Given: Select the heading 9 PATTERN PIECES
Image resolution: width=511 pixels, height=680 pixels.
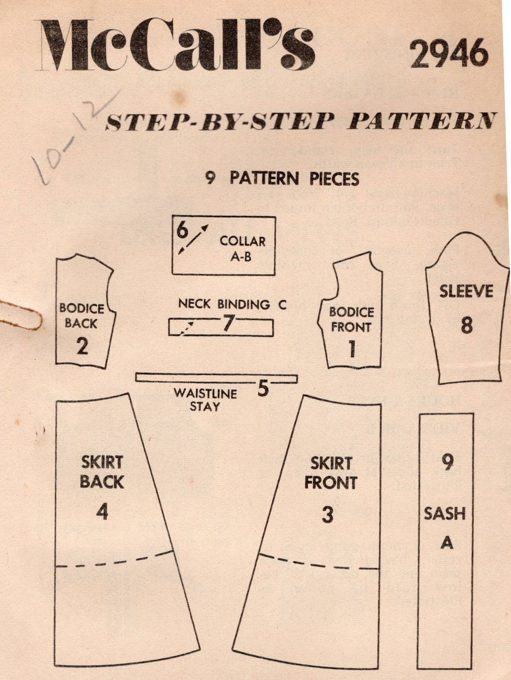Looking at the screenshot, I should click(x=282, y=178).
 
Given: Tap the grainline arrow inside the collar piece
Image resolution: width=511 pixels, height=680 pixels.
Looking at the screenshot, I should click(x=194, y=239).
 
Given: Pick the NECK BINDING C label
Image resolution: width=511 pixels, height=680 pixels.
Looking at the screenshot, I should click(x=232, y=304).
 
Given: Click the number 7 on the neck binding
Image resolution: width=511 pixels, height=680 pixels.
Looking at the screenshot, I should click(x=228, y=323).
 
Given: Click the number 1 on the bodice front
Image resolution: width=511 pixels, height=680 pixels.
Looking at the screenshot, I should click(x=352, y=349).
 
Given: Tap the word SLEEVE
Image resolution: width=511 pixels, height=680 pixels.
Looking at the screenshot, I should click(x=466, y=291).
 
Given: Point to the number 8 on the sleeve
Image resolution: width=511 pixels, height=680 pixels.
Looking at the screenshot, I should click(x=466, y=325).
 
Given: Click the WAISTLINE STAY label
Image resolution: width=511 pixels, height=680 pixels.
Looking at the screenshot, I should click(x=206, y=400).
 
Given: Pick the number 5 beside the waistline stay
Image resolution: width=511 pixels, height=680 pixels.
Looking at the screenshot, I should click(x=263, y=389).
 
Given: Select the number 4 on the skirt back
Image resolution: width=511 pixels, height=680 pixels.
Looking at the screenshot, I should click(x=102, y=512).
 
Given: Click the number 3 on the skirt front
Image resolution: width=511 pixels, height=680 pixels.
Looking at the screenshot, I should click(x=327, y=514).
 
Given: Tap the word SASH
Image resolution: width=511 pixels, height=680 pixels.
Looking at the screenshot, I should click(x=444, y=513).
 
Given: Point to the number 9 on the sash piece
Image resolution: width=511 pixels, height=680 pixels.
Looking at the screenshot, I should click(x=447, y=463).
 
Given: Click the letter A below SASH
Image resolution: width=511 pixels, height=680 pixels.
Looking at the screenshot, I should click(x=447, y=543).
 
